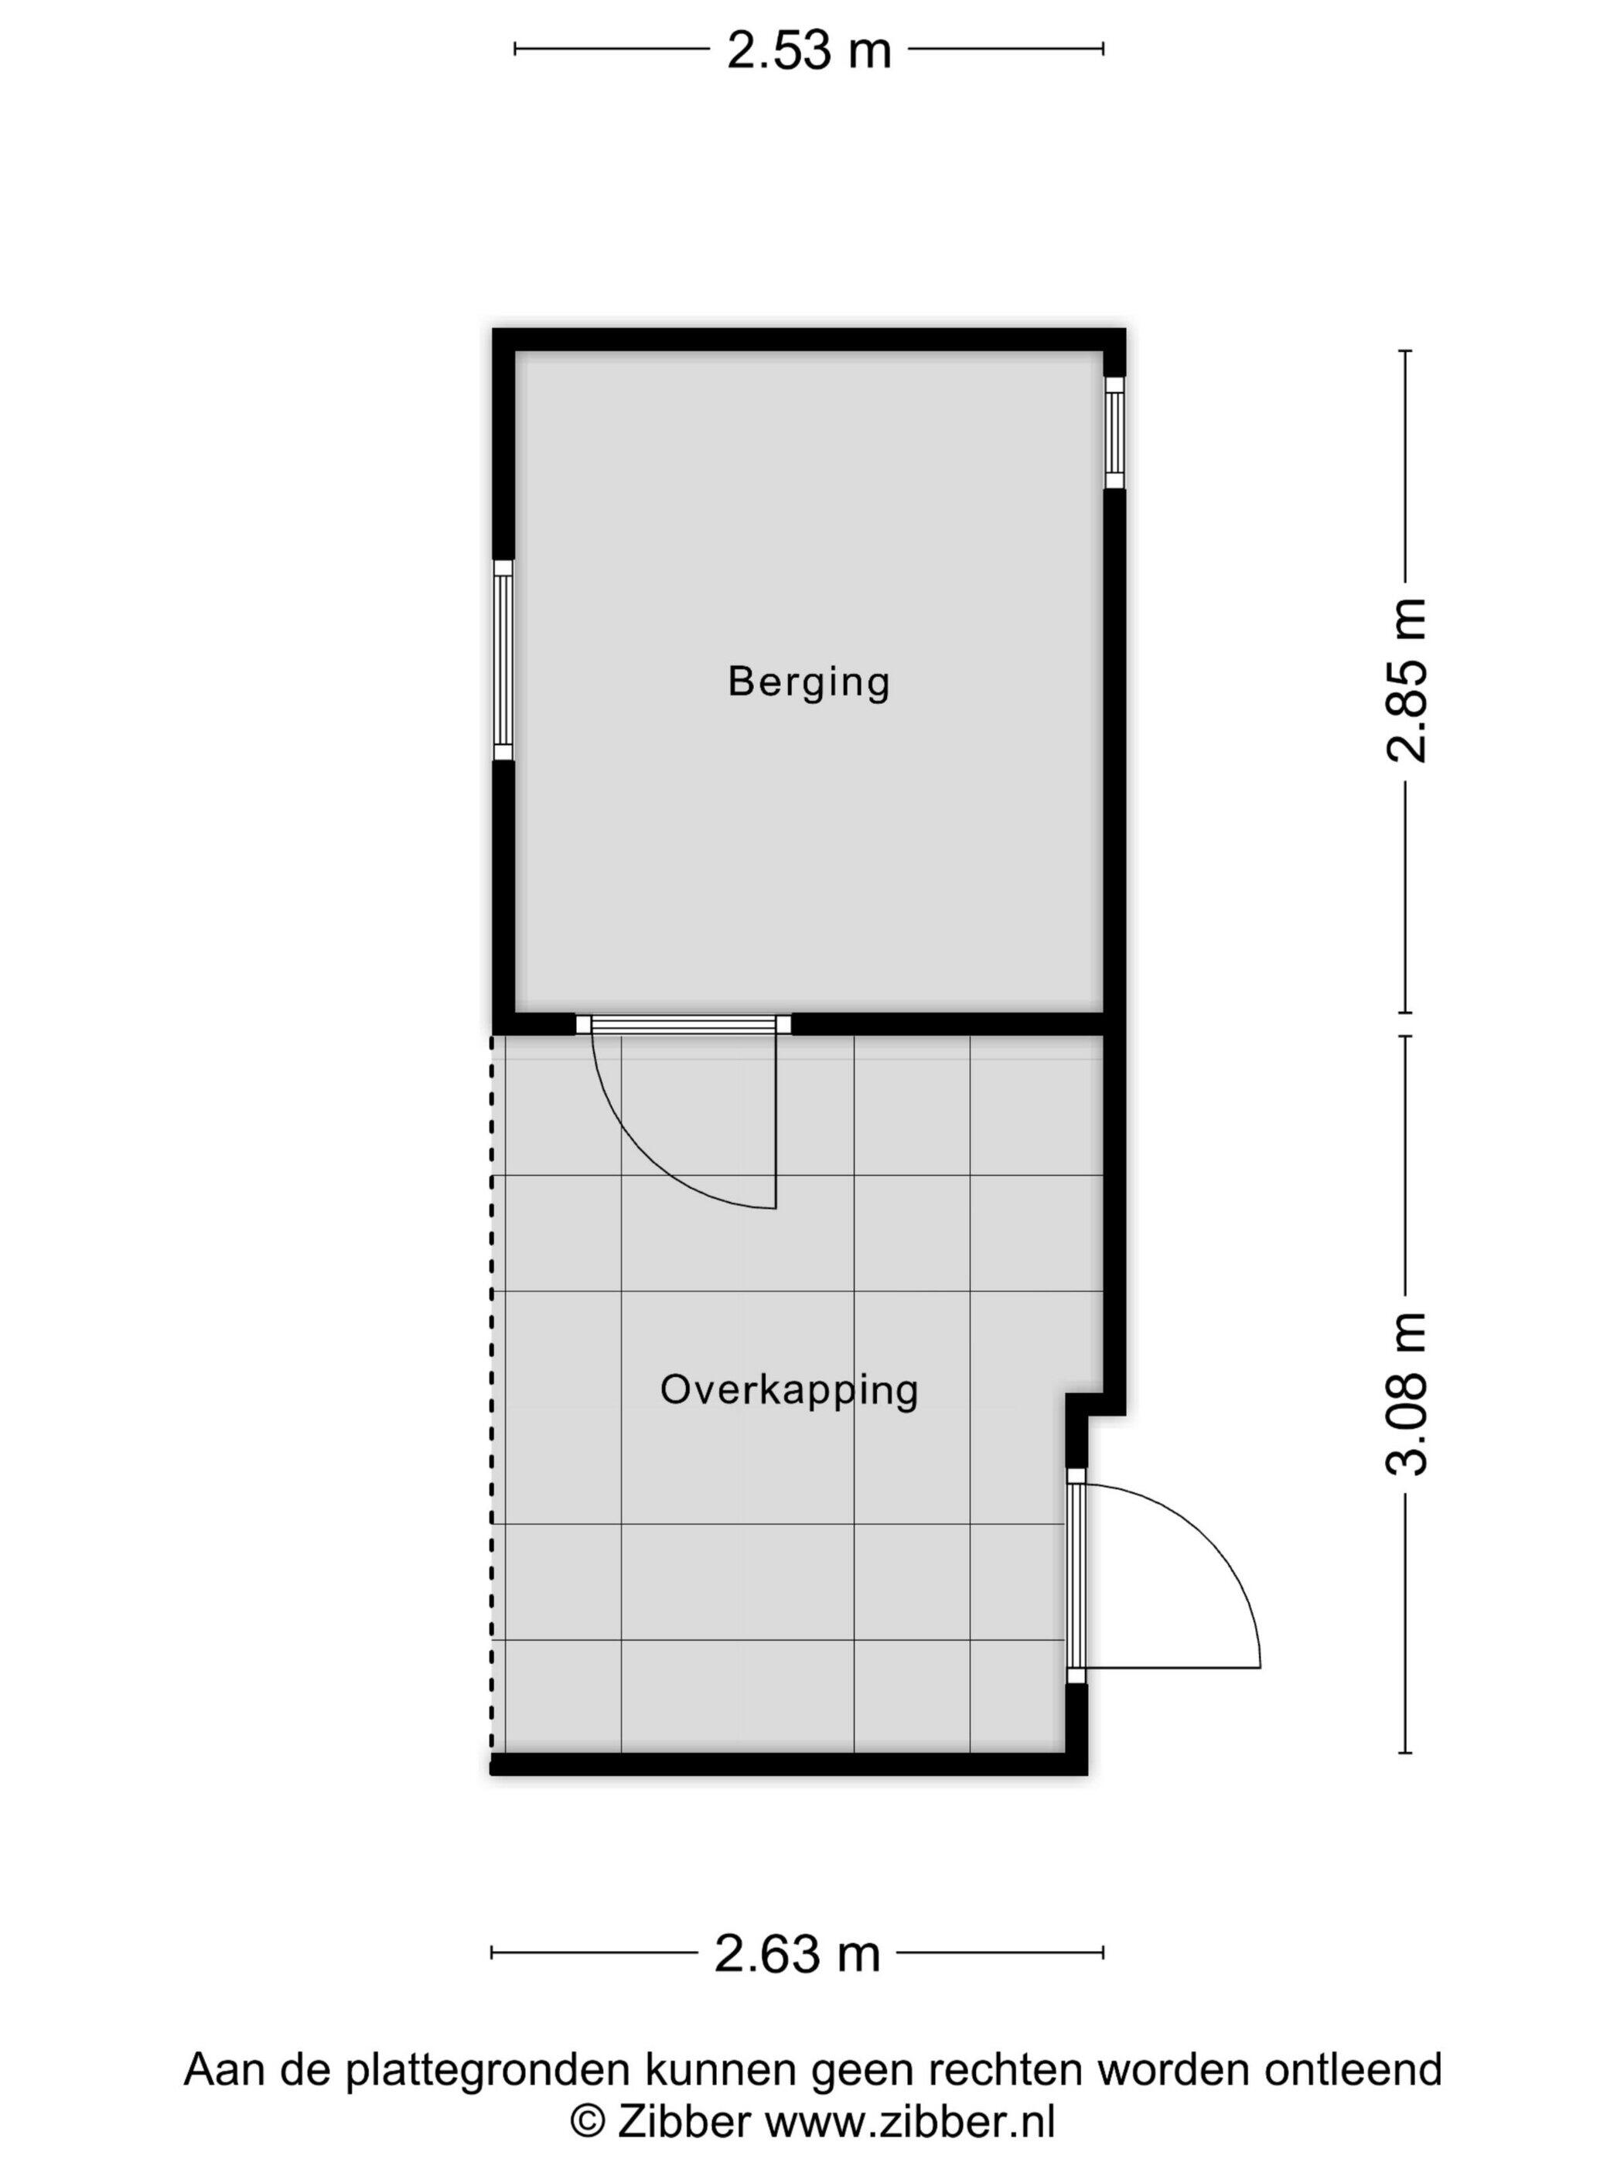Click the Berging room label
[809, 682]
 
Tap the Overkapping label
[789, 1390]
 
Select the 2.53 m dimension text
[809, 50]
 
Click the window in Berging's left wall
[502, 661]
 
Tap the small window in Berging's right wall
[1114, 432]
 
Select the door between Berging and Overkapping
[684, 1024]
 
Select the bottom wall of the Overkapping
[788, 1765]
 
